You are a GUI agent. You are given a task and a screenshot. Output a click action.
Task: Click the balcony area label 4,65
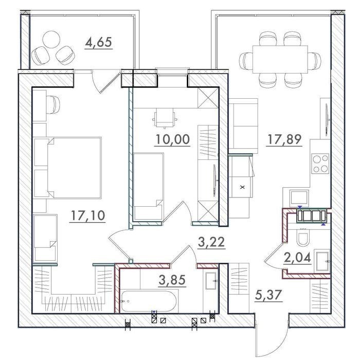point(98,42)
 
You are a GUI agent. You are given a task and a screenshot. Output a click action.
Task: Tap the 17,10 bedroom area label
point(88,215)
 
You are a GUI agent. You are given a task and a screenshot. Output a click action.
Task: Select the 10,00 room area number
point(173,139)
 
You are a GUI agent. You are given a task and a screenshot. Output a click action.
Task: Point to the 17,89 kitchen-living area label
point(284,139)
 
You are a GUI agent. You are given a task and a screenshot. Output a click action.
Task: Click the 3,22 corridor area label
point(211,242)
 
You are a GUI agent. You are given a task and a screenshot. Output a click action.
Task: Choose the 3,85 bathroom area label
point(172,280)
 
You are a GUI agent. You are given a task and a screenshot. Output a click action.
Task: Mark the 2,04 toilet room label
point(298,257)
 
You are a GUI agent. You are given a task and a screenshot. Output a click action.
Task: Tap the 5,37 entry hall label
point(268,295)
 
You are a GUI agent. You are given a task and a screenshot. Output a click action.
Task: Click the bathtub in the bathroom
point(148,301)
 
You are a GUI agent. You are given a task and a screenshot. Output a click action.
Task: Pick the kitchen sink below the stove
point(299,197)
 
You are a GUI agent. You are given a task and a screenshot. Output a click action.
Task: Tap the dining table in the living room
point(280,59)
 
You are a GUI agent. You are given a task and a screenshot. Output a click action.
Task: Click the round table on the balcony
point(51,39)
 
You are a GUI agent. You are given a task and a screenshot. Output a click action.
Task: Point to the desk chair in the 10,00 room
point(165,118)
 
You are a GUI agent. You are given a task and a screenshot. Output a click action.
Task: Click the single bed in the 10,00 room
point(149,186)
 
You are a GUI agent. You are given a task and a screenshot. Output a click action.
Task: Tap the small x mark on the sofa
point(242,187)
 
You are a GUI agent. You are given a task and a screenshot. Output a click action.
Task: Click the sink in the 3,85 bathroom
point(211,281)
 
